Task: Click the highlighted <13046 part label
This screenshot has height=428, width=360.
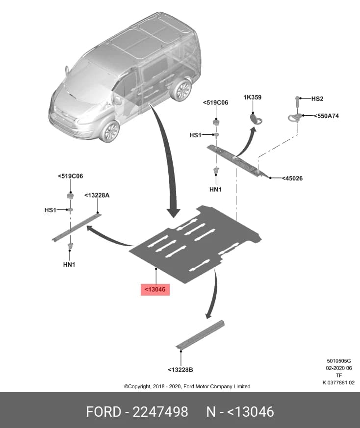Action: point(155,289)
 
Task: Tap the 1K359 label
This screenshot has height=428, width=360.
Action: point(253,98)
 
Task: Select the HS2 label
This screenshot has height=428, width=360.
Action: point(317,99)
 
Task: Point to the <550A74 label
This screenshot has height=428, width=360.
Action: point(326,116)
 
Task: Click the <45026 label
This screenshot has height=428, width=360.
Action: point(292,178)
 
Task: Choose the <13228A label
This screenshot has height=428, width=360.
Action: point(97,195)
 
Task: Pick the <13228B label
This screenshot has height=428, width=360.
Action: point(180,370)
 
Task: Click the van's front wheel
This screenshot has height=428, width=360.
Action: point(109,131)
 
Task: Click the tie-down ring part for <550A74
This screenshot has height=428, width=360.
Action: point(294,118)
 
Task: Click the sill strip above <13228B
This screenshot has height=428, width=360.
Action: point(200,335)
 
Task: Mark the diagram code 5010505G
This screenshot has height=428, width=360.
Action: point(339,361)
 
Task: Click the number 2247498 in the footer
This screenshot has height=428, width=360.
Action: point(160,412)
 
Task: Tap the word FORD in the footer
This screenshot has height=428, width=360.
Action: point(103,412)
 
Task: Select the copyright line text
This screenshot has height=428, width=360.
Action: point(187,386)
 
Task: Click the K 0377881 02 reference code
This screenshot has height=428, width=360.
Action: point(338,383)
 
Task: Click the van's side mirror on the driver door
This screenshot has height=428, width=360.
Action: point(117,100)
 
